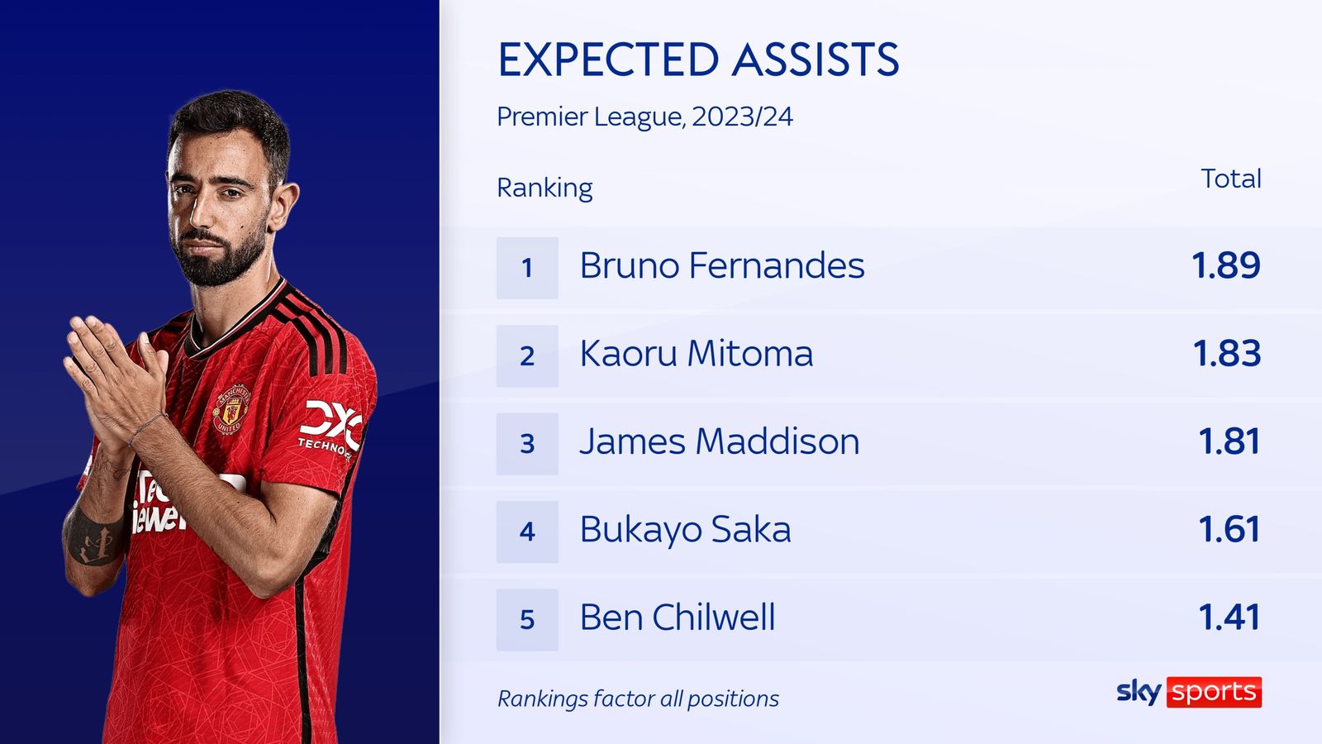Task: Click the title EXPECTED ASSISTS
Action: (698, 60)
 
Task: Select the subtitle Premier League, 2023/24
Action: (644, 117)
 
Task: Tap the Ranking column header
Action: (544, 188)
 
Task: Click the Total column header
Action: (1230, 179)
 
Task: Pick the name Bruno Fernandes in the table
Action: (721, 265)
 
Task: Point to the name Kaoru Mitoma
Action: (696, 354)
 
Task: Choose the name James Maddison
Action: (719, 441)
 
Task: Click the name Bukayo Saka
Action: (685, 530)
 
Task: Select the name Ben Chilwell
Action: (678, 618)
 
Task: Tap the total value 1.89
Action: (1225, 265)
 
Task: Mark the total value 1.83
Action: (1226, 354)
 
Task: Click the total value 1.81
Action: (1229, 441)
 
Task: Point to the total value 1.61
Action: (1229, 530)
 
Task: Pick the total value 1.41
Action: (1229, 618)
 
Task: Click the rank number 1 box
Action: (527, 268)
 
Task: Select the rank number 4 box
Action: (527, 532)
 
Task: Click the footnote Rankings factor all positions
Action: (638, 699)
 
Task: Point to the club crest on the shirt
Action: (232, 408)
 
